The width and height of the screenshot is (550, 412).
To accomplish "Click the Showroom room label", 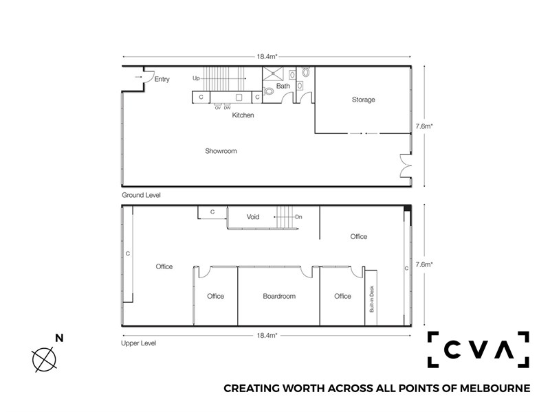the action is point(221,151).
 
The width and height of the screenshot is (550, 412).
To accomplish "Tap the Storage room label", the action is point(363,100).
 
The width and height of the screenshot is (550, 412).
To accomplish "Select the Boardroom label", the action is point(279,296).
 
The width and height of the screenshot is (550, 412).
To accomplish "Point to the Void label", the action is point(252,217).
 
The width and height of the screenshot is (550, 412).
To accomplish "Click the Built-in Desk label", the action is point(372,299).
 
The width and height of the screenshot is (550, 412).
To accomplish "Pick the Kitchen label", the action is point(243,115).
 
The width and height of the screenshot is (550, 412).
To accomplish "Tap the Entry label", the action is point(162,79).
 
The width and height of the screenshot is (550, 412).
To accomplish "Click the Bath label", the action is point(283,86).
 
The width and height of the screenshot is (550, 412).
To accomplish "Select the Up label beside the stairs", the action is point(196,78).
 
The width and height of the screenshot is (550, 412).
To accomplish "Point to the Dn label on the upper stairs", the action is point(298,217).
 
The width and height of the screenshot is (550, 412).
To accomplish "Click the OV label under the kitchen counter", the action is point(218,108).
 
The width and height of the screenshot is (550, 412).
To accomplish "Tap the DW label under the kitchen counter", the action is point(228,108).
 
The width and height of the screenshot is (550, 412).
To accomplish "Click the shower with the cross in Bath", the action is point(272,73).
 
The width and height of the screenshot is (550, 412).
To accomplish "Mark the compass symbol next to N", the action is point(44,359).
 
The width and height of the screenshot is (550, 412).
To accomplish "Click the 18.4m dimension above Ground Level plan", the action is point(267,56).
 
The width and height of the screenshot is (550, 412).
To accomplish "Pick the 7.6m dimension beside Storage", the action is point(423,126).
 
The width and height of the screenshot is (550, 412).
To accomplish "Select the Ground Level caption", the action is point(141,195).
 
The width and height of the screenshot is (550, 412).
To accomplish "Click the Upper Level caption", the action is point(138,343).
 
